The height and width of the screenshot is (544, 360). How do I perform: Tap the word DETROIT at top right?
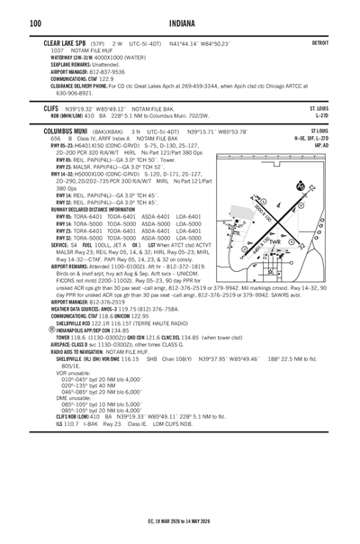pos(320,42)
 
